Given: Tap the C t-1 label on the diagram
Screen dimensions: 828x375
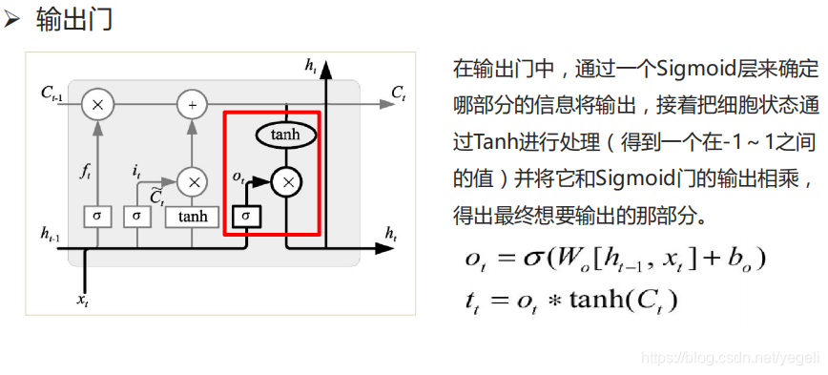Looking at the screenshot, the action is (x=52, y=93).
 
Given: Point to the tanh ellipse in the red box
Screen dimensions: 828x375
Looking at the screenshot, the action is (x=285, y=135).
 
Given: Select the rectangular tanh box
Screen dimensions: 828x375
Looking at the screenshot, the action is (x=192, y=216).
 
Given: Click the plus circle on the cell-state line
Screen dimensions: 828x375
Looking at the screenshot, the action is (x=192, y=103).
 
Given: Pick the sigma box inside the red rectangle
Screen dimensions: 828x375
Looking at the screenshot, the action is (x=246, y=216).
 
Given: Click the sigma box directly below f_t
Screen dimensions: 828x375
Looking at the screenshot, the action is (x=96, y=216).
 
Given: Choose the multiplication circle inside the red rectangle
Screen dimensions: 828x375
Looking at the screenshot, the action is (x=286, y=179).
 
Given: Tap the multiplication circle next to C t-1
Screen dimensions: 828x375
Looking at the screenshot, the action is (x=96, y=103).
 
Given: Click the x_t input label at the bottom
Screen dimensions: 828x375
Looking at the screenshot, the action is (x=84, y=300).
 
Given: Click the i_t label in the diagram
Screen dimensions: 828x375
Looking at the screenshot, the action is (x=137, y=171).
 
